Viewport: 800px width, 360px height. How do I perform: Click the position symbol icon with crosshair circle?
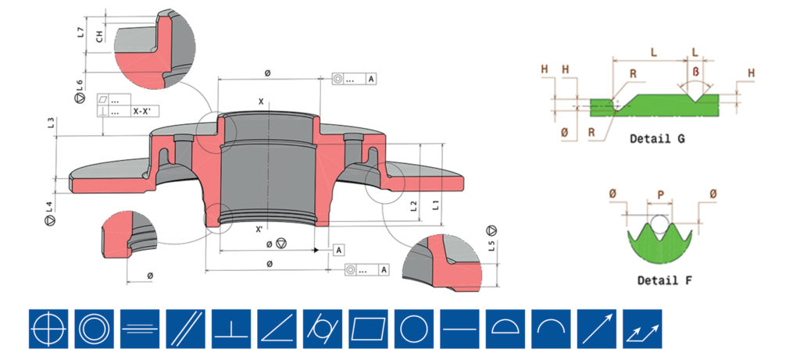[48, 329]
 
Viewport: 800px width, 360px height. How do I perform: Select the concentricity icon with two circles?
[94, 329]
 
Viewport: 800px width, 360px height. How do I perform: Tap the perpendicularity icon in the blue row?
[231, 329]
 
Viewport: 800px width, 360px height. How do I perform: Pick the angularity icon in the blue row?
[277, 329]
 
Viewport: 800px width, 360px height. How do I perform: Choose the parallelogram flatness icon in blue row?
[369, 329]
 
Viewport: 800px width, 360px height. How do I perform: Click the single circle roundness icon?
[414, 329]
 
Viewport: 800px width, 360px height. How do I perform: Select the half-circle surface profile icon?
[505, 329]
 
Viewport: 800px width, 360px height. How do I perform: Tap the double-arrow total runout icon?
[643, 329]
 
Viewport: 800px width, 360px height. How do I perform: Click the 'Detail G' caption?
[657, 138]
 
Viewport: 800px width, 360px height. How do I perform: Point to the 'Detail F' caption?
[665, 280]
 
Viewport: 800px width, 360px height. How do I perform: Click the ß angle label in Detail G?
[696, 71]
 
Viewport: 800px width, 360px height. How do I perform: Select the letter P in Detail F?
[661, 194]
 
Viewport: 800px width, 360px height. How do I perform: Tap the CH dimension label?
[99, 36]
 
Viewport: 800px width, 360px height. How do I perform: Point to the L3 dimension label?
[51, 123]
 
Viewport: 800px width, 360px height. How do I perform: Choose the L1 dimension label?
[436, 205]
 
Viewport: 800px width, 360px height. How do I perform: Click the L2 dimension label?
[414, 206]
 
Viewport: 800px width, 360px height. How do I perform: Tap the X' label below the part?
[259, 230]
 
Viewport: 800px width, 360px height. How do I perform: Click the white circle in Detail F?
[659, 223]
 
